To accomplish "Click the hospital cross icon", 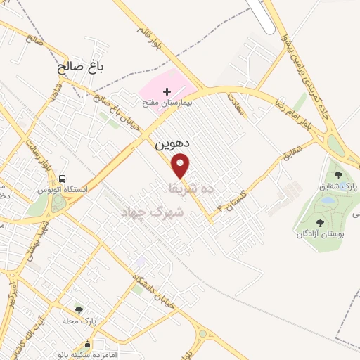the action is click(167, 91).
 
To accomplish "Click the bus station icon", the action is click(63, 179).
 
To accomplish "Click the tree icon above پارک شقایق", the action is click(338, 175).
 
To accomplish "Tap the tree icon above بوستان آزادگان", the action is click(320, 222).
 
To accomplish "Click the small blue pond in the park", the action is click(326, 200).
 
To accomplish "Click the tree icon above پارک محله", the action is click(78, 309).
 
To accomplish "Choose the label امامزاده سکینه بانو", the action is click(87, 355).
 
